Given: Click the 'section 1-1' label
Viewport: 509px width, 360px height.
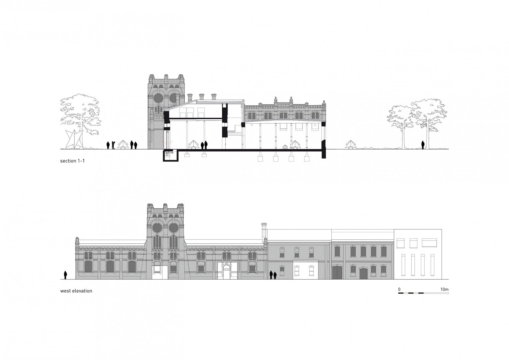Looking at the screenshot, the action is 72,161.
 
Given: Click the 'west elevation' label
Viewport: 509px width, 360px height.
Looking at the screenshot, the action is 76,291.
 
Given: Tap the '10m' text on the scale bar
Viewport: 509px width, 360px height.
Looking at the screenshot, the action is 444,290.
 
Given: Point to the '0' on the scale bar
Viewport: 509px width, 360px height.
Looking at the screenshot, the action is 399,290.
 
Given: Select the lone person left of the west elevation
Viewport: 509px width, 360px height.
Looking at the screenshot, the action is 65,275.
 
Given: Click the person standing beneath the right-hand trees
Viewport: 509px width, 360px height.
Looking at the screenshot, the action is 423,145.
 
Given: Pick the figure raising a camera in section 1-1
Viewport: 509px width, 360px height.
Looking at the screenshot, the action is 113,145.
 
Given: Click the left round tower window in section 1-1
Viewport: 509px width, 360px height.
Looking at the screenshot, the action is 157,98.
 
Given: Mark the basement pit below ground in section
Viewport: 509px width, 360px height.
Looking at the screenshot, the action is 170,156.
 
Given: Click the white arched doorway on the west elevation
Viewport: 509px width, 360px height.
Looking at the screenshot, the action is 226,272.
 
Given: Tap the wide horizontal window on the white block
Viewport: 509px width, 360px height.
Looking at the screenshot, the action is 429,243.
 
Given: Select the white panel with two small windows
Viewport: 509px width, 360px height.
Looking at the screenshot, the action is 305,270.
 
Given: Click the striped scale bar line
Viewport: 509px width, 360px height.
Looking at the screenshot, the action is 423,293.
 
